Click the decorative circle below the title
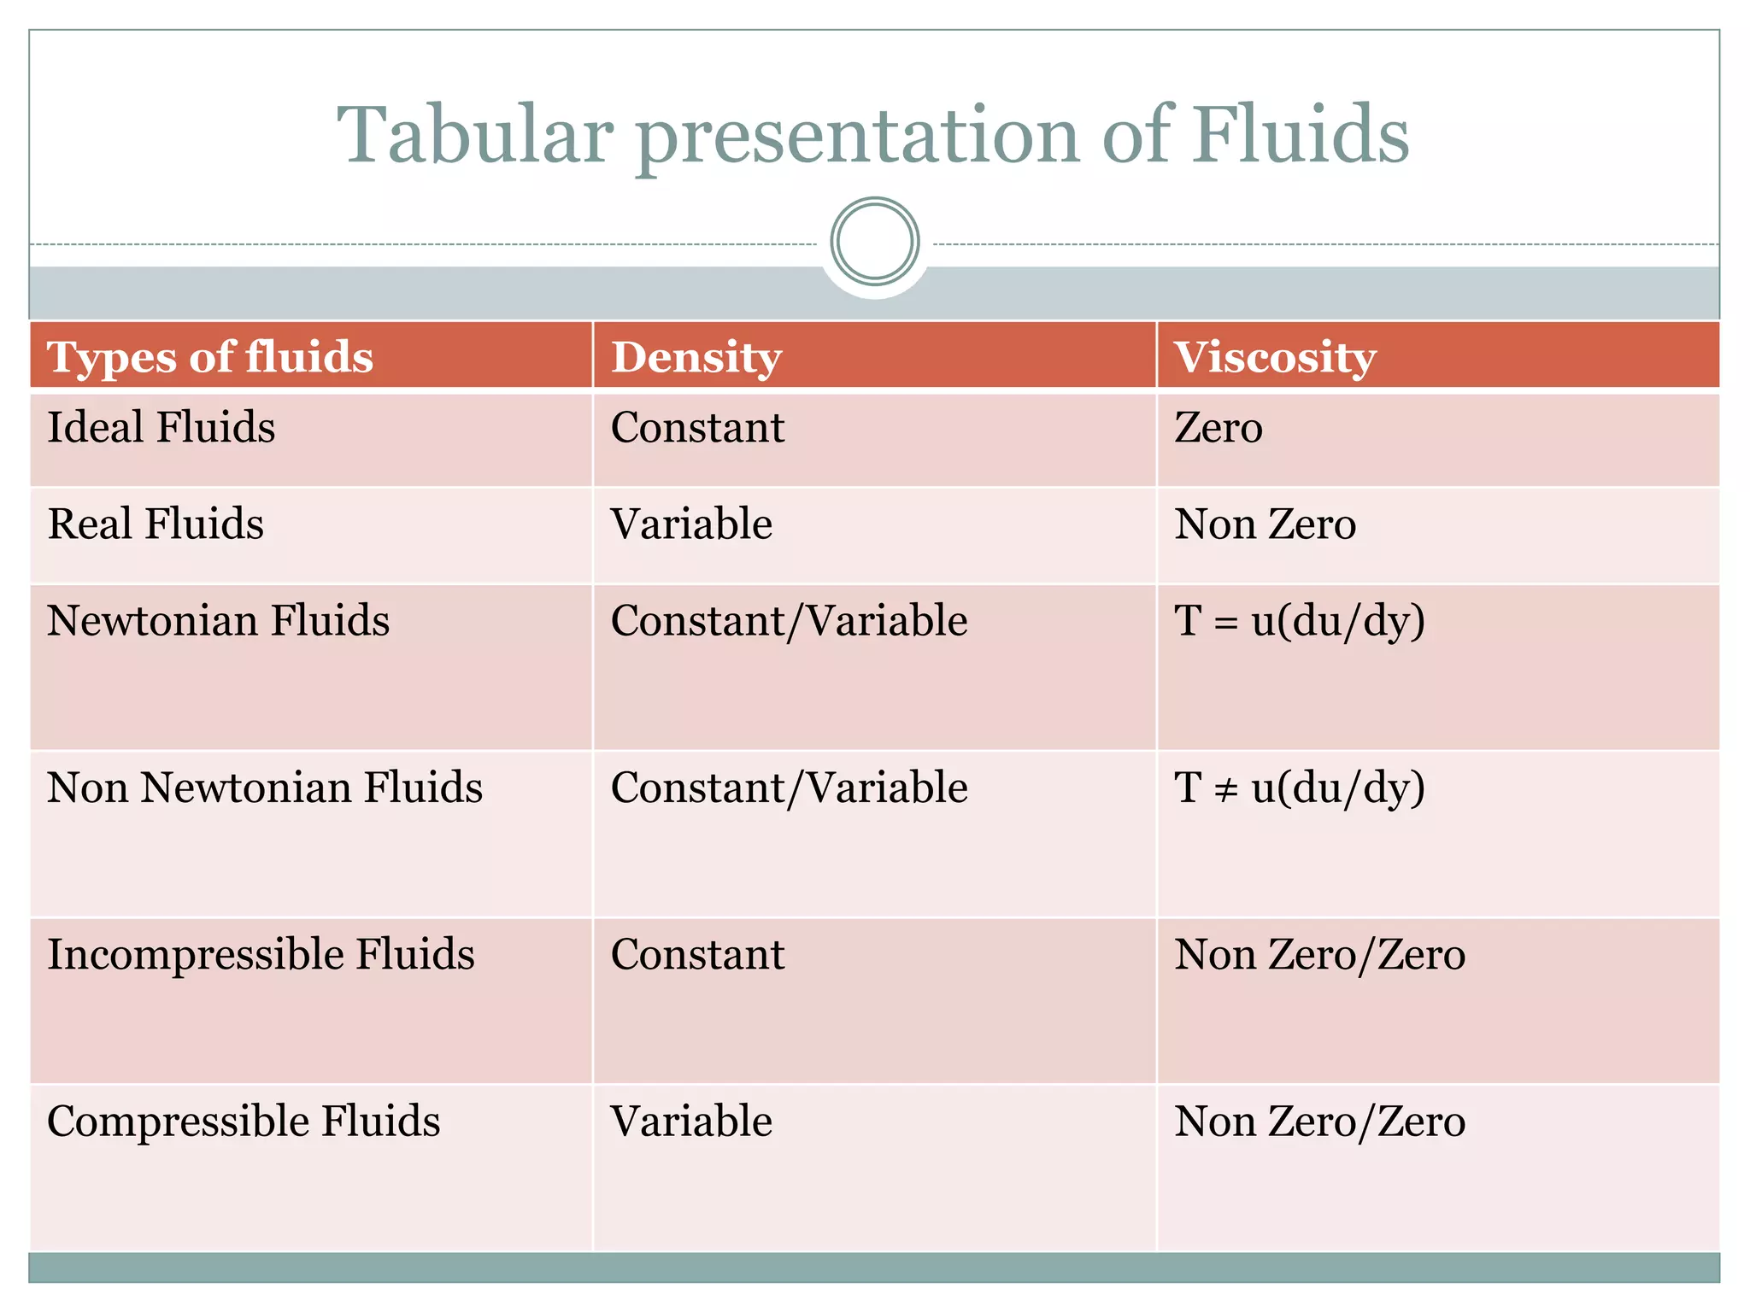coord(874,242)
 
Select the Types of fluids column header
coord(210,356)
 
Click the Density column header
coord(696,358)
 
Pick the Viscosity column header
coord(1275,358)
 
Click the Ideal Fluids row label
coord(161,427)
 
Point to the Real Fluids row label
coord(156,524)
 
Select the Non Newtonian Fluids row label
coord(265,787)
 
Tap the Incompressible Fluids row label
coord(261,954)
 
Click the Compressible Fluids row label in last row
coord(244,1121)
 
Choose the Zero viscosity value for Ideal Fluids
coord(1219,427)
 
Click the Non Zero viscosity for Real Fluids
coord(1265,524)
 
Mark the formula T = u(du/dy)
coord(1300,621)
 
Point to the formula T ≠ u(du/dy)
coord(1300,788)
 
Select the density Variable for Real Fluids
coord(691,524)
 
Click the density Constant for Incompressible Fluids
coord(697,954)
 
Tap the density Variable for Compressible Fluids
coord(691,1121)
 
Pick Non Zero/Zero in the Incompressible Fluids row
coord(1319,954)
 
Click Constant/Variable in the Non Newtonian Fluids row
coord(789,788)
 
